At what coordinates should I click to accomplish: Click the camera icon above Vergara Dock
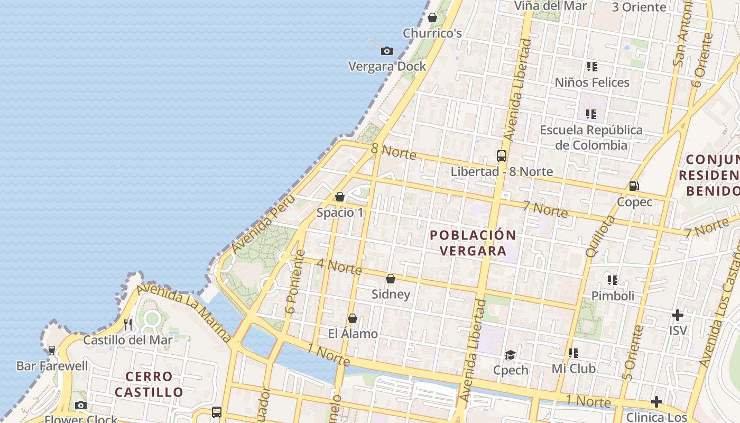click(x=387, y=51)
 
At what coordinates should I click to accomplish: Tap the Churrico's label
click(x=432, y=33)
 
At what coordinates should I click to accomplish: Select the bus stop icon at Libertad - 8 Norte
click(x=502, y=156)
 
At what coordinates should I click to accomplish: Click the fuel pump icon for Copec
click(x=634, y=186)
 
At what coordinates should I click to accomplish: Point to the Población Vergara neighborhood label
click(x=473, y=243)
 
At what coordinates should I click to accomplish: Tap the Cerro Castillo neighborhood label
click(x=149, y=384)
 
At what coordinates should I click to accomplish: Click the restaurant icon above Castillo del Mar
click(x=128, y=324)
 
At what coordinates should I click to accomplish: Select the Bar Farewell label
click(x=52, y=366)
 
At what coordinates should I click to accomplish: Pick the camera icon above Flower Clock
click(x=81, y=406)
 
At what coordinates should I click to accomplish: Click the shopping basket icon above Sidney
click(x=391, y=279)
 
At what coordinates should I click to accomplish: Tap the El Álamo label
click(x=353, y=334)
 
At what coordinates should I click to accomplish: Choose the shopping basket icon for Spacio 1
click(x=340, y=197)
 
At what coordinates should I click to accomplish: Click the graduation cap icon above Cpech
click(x=510, y=354)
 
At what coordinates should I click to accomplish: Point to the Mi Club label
click(x=573, y=369)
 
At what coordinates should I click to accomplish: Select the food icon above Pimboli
click(x=613, y=280)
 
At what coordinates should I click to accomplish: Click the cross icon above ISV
click(x=678, y=316)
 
